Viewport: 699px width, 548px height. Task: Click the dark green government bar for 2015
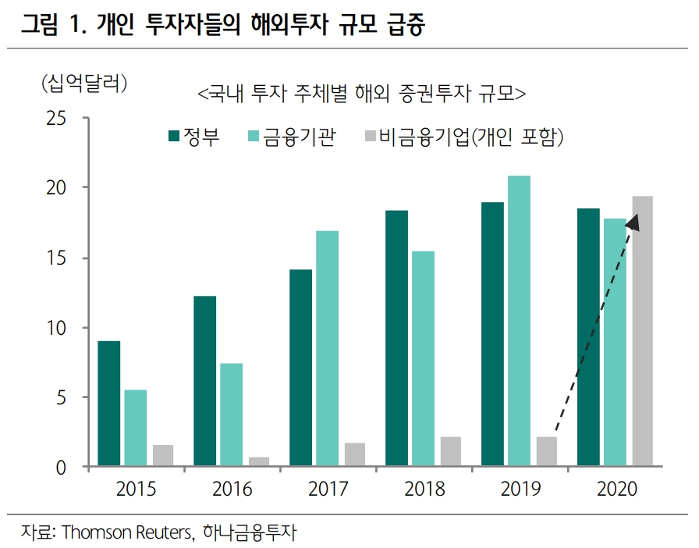108,404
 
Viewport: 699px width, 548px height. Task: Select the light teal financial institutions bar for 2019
519,322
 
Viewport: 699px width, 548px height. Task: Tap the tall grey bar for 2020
642,332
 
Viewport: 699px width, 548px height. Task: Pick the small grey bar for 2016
258,462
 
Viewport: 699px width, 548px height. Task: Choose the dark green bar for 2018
396,339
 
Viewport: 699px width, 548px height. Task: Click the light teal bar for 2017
327,349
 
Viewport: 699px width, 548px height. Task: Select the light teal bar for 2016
231,415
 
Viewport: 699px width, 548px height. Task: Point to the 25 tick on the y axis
59,119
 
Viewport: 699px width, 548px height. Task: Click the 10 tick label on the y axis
59,328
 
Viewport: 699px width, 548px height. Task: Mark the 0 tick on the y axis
65,468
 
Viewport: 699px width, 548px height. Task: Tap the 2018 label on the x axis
424,489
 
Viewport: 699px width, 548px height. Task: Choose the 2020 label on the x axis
617,489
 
